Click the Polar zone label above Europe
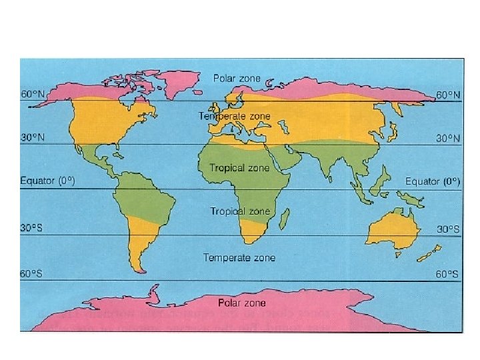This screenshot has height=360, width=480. click(x=237, y=78)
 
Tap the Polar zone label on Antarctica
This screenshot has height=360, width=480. click(x=241, y=303)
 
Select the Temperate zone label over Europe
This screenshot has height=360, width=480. click(x=235, y=116)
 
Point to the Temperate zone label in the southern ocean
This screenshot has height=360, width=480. click(x=239, y=257)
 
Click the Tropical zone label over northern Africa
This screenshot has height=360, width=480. click(x=239, y=167)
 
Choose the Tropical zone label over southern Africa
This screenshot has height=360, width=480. click(x=240, y=211)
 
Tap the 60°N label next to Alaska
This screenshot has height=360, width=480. click(x=32, y=95)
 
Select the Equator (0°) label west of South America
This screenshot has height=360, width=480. click(x=47, y=181)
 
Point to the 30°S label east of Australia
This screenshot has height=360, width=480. click(x=448, y=228)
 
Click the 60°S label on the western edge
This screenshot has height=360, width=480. click(x=31, y=273)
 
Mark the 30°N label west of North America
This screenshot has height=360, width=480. click(x=32, y=138)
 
